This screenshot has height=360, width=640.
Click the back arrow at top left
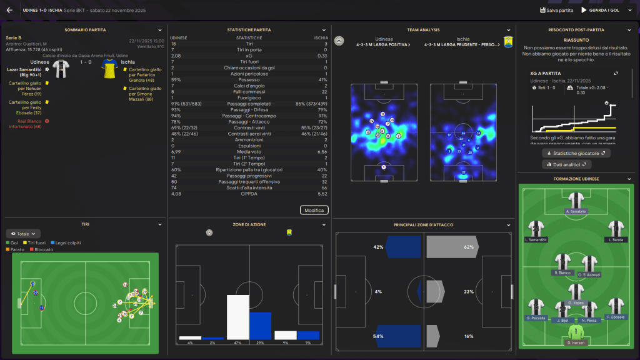pos(9,10)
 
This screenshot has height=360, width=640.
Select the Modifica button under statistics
pos(314,211)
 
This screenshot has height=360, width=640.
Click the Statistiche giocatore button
pos(576,153)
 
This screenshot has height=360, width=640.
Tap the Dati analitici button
pos(567,164)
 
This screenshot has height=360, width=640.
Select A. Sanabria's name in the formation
pos(575,212)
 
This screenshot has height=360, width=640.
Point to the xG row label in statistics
pos(249,56)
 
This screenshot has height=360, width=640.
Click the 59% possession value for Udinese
pos(176,79)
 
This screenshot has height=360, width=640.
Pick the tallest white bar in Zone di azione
pos(237,317)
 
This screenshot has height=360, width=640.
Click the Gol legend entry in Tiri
pos(12,242)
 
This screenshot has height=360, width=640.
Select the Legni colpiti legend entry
pos(67,242)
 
